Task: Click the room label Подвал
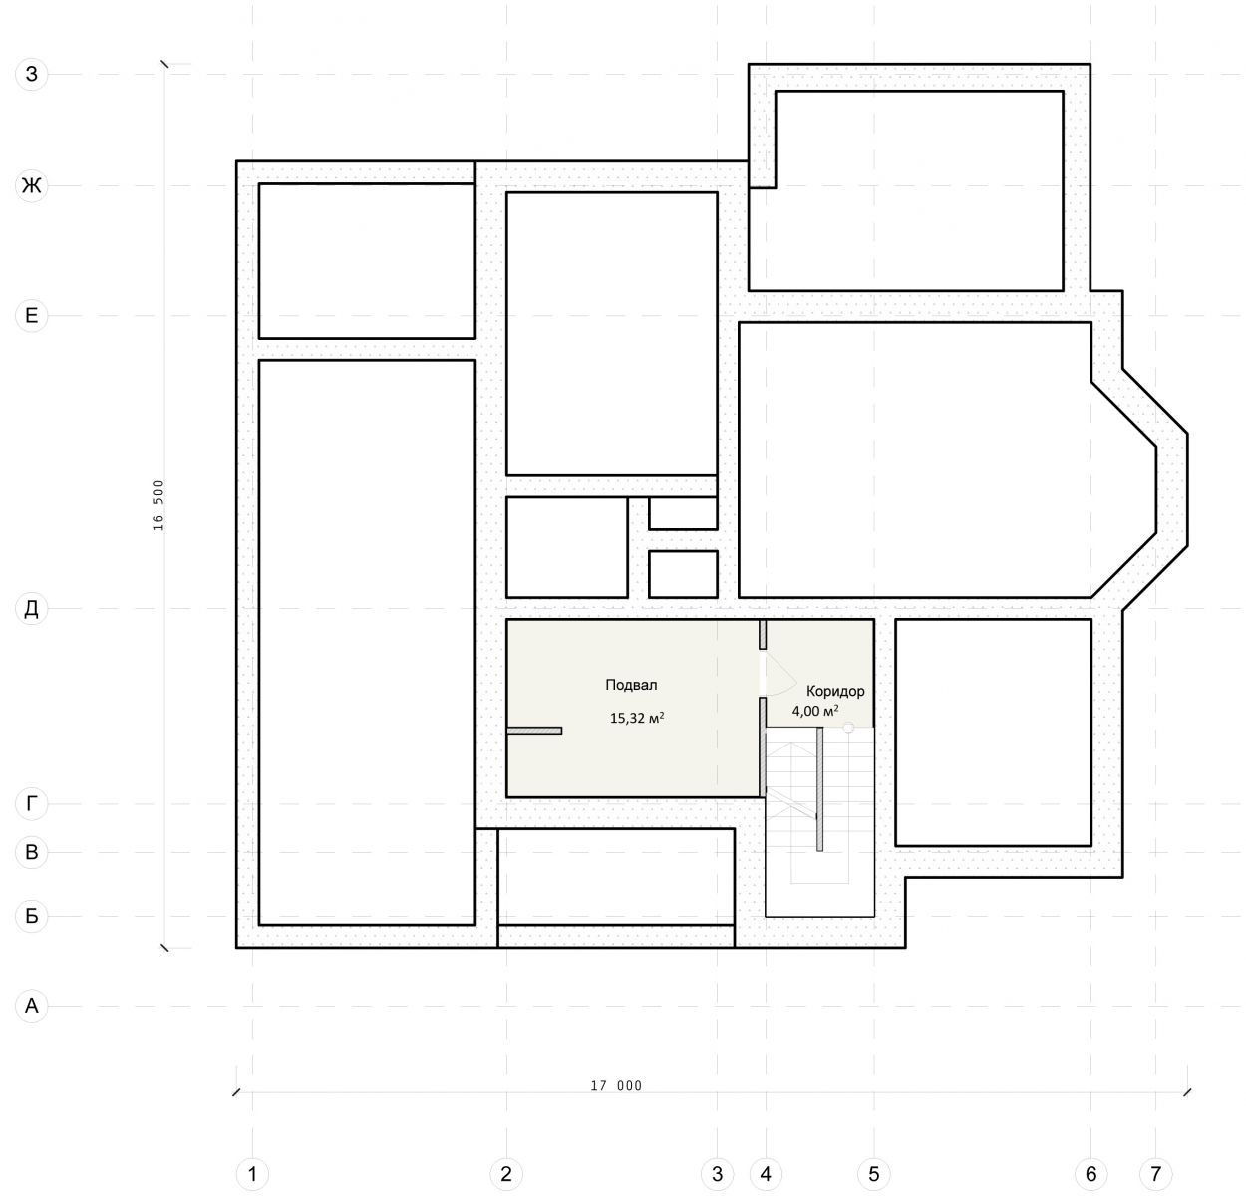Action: click(x=631, y=685)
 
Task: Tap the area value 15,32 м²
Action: click(x=636, y=718)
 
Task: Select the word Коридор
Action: click(x=835, y=692)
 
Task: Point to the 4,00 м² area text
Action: click(x=815, y=711)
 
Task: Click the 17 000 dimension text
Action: click(x=616, y=1086)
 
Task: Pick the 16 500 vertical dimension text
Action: click(x=158, y=505)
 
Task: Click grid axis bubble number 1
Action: click(x=252, y=1174)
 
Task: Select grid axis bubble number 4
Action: click(x=766, y=1174)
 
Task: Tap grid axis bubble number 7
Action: click(x=1155, y=1174)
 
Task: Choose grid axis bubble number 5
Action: click(x=874, y=1174)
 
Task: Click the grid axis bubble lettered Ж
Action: click(x=31, y=186)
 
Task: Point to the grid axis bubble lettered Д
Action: click(x=31, y=609)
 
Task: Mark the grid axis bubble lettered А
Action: click(x=31, y=1006)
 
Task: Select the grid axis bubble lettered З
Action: click(x=31, y=75)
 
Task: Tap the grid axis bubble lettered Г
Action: click(x=31, y=804)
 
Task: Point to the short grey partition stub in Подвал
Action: click(x=534, y=731)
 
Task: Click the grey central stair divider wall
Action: click(x=819, y=788)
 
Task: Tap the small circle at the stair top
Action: click(x=848, y=728)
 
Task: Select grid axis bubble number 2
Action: click(x=506, y=1174)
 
